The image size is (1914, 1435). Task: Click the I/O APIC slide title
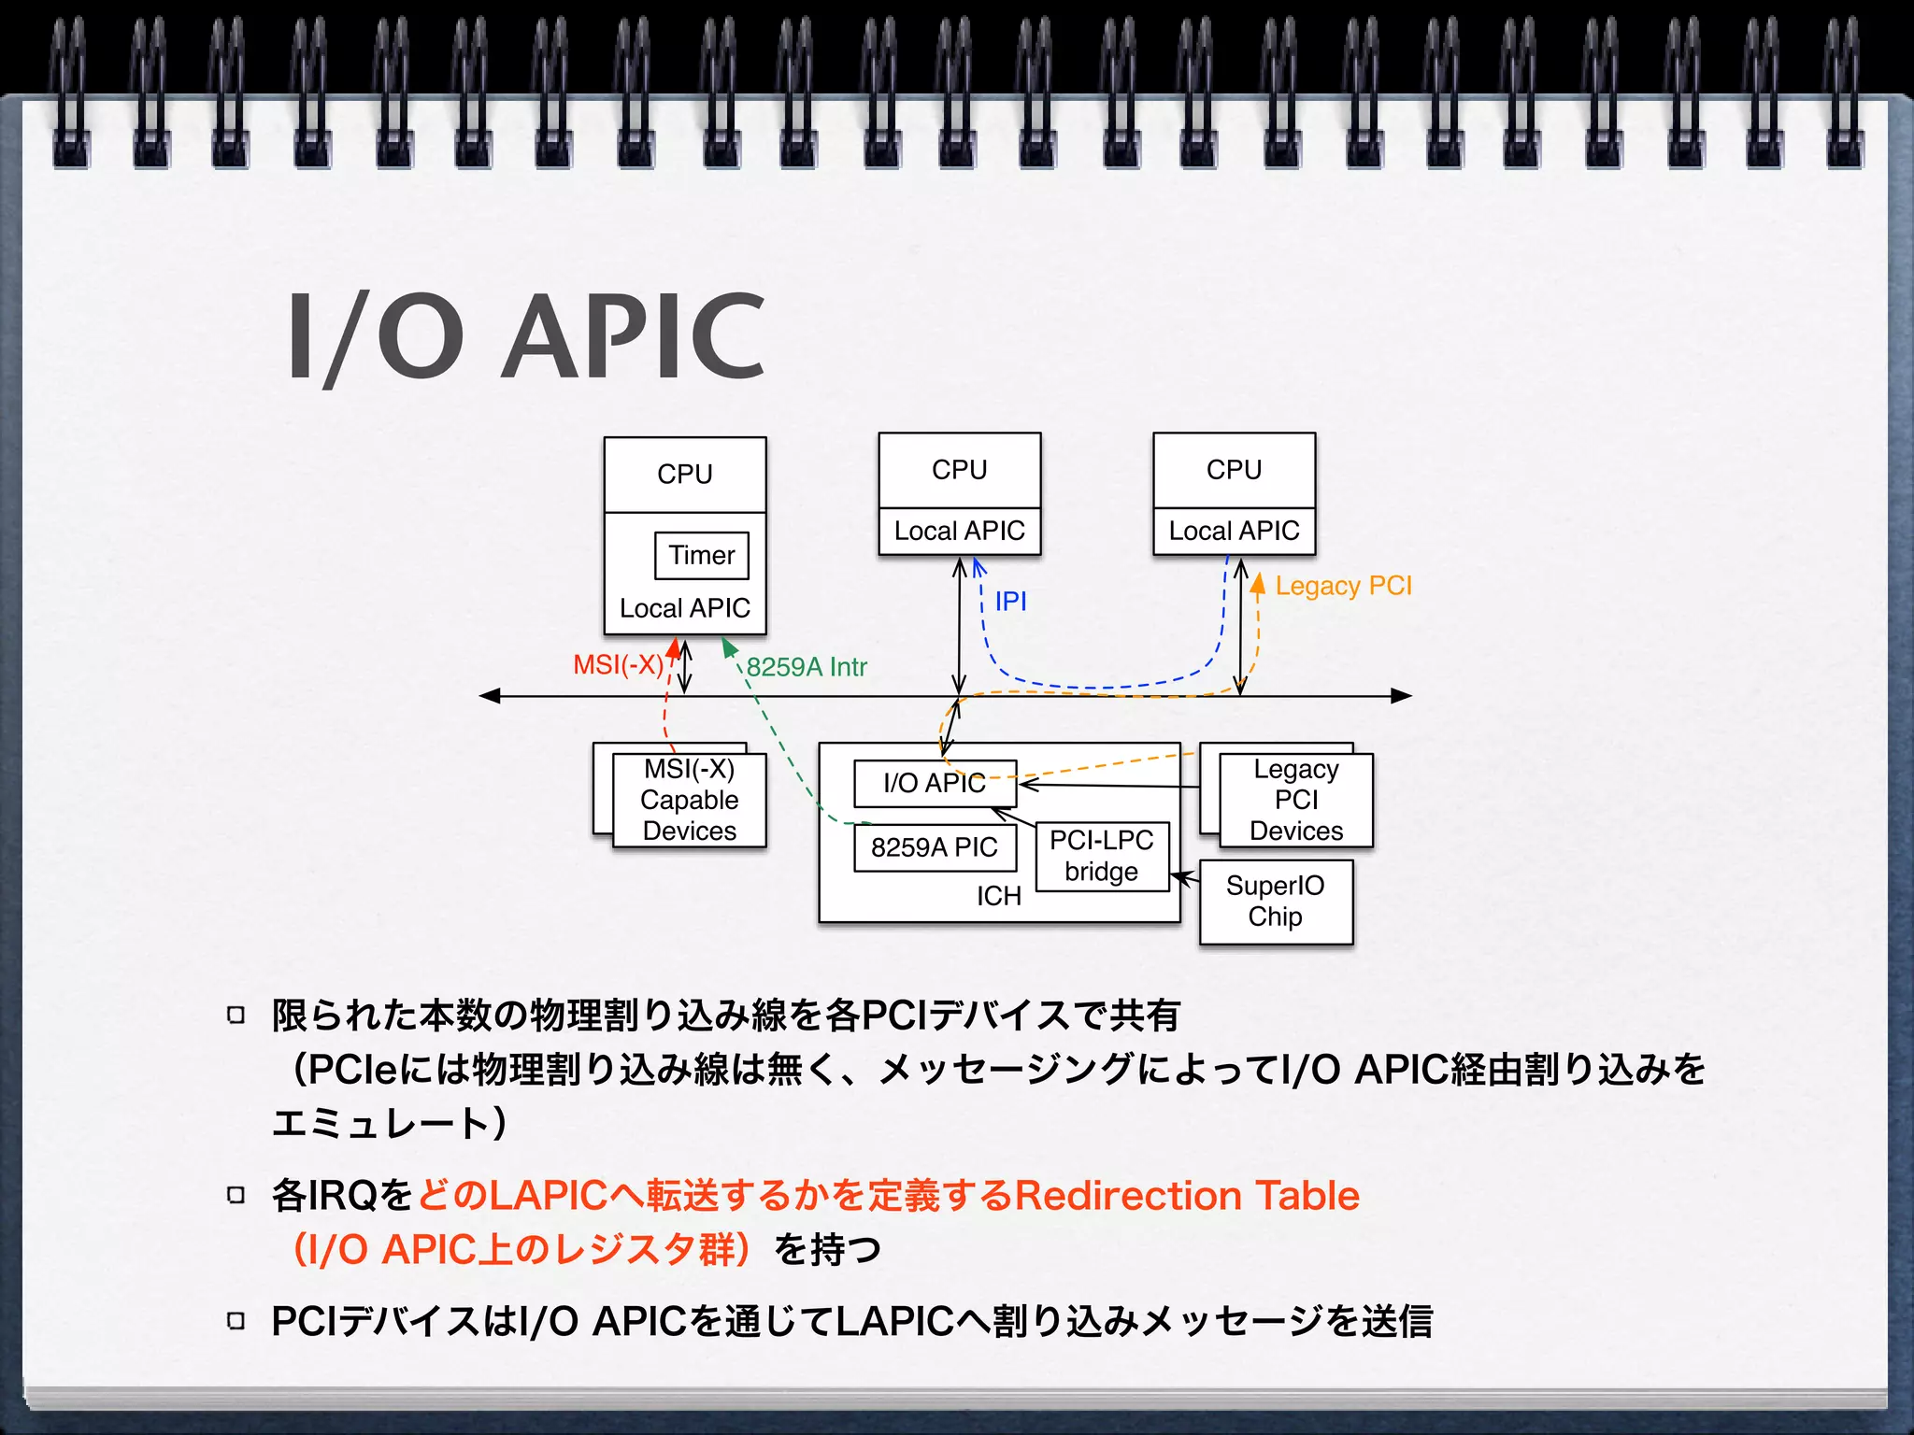click(x=526, y=336)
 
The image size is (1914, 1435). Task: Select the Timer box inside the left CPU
click(x=701, y=556)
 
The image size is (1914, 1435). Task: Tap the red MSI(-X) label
click(x=618, y=665)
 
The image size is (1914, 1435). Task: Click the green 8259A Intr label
click(x=807, y=667)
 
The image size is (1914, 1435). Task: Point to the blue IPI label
click(x=1010, y=601)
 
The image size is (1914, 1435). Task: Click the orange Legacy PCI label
click(x=1343, y=586)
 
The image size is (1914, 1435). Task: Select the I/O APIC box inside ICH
click(x=934, y=783)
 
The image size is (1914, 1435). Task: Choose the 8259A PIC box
click(x=934, y=847)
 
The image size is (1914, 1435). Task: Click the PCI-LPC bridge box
click(x=1102, y=856)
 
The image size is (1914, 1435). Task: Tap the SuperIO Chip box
click(x=1275, y=902)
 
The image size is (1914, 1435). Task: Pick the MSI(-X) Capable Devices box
click(x=690, y=801)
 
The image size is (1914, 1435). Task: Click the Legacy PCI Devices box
click(x=1296, y=801)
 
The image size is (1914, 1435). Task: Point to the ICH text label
click(x=998, y=897)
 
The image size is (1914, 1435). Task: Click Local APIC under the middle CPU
click(x=959, y=531)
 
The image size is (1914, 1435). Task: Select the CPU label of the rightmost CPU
click(x=1234, y=470)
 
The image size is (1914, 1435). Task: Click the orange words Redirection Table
click(x=1187, y=1196)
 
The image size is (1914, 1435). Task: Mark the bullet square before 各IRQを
click(x=236, y=1195)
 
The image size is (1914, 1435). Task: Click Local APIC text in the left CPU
click(x=685, y=608)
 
